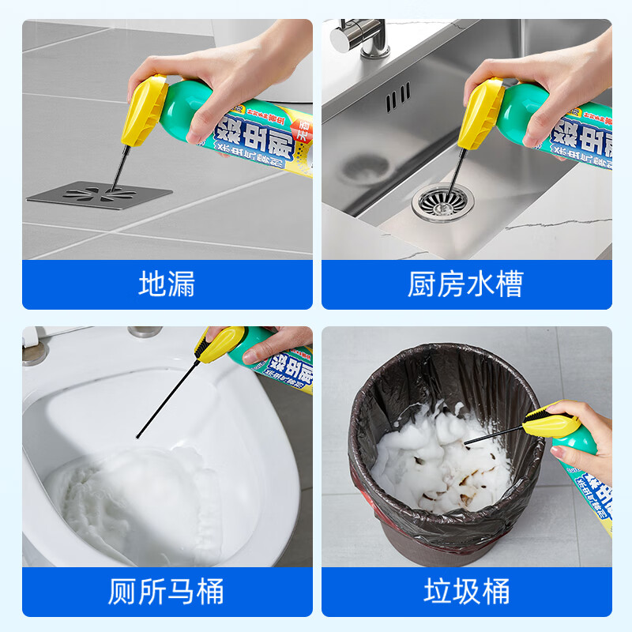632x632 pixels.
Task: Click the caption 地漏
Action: [167, 284]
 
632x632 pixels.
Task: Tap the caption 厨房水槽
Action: [465, 284]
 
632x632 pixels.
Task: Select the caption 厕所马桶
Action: [167, 591]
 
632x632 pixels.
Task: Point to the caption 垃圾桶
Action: [466, 591]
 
